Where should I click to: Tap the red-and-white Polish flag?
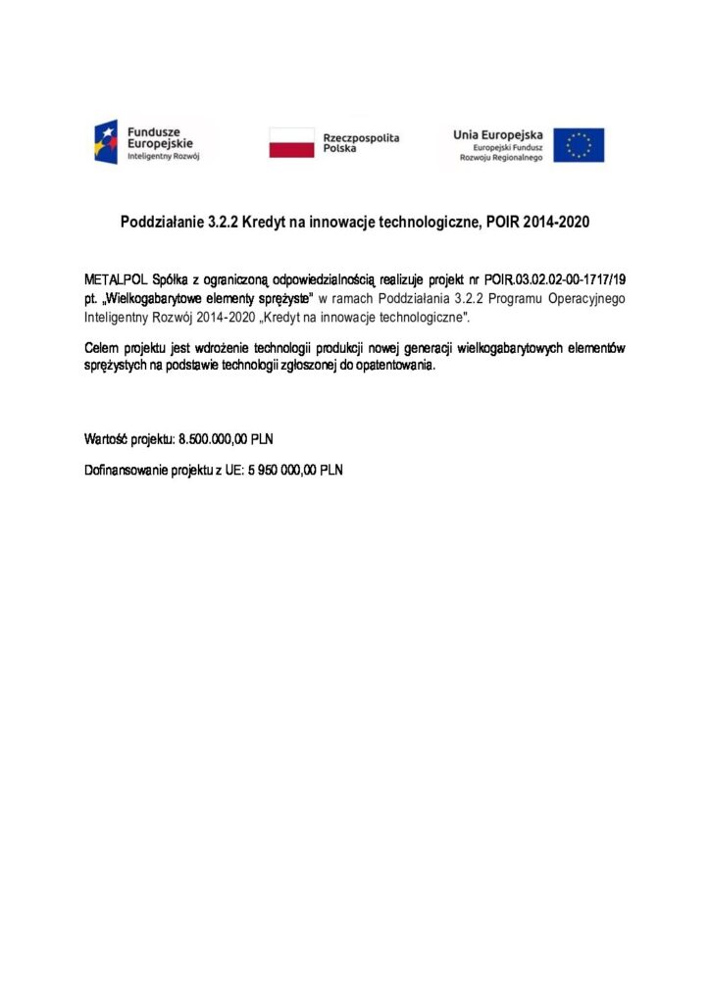tap(290, 143)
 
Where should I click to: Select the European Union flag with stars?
tap(579, 145)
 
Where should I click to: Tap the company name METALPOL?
tap(116, 279)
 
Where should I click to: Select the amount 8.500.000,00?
tap(215, 438)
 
